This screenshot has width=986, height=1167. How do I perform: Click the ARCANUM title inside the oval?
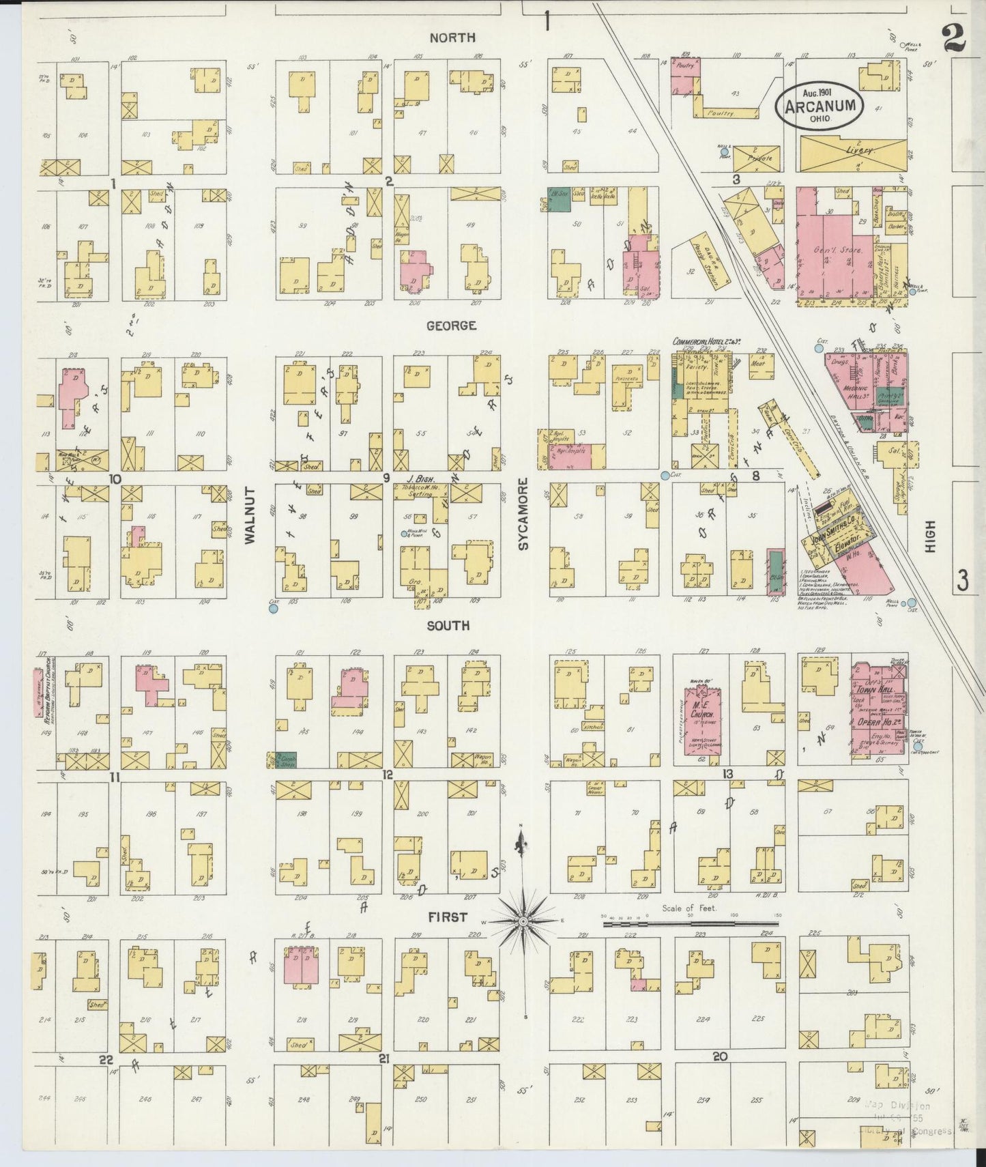pyautogui.click(x=820, y=106)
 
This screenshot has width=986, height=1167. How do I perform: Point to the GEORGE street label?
pyautogui.click(x=450, y=326)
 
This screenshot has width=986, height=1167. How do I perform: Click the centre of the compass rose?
pyautogui.click(x=523, y=922)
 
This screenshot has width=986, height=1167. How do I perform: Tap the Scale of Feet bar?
pyautogui.click(x=690, y=924)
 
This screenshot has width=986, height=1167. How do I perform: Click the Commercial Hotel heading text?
pyautogui.click(x=706, y=341)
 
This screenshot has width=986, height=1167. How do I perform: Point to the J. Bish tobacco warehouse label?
pyautogui.click(x=422, y=479)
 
